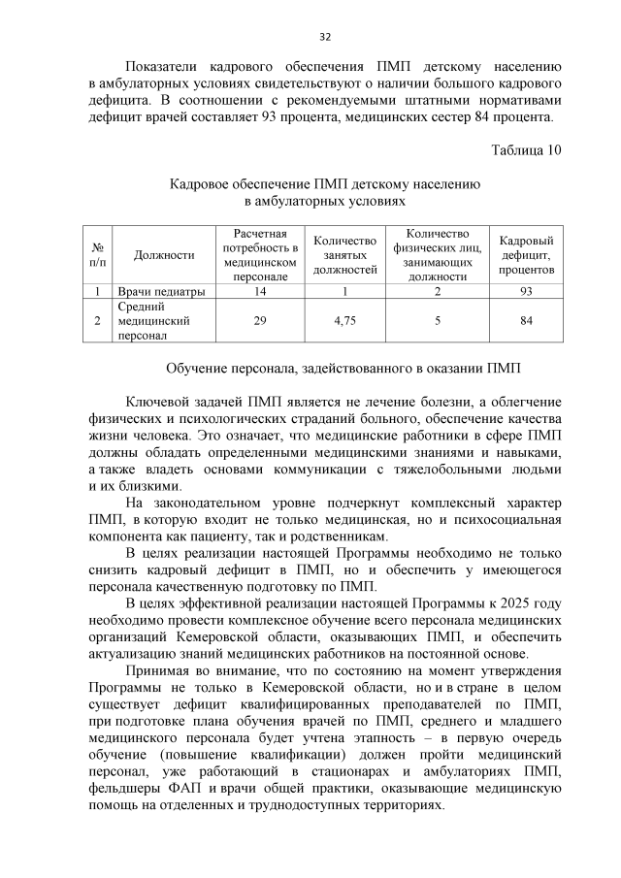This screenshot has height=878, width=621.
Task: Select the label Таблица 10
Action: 526,150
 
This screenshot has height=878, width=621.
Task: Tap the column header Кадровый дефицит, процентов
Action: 526,255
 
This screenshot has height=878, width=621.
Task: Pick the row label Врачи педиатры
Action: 161,291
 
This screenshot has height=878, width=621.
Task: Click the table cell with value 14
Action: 260,291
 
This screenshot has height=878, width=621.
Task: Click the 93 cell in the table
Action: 526,291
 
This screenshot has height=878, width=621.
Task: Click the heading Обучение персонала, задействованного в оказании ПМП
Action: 343,369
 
